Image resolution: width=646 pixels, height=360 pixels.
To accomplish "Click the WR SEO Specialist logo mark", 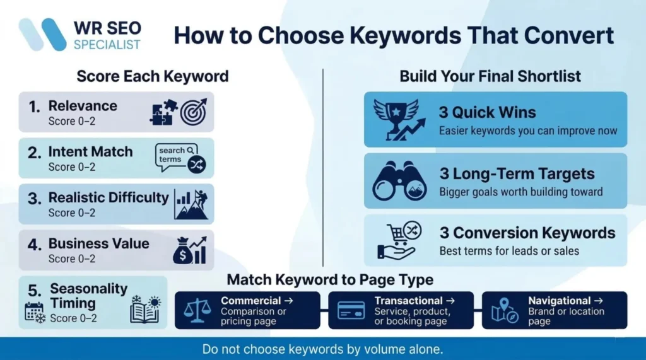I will (43, 34).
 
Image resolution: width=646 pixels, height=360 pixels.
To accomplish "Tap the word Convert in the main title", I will (565, 35).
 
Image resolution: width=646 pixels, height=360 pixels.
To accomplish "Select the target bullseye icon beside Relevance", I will (194, 112).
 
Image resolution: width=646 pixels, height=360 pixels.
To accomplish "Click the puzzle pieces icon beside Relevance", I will (163, 112).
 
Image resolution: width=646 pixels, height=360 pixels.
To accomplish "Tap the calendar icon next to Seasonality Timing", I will (34, 313).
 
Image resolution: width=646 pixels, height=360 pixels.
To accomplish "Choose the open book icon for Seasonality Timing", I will (145, 310).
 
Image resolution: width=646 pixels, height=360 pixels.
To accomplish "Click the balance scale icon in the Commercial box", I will (197, 310).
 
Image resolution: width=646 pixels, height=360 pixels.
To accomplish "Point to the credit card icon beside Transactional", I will (351, 310).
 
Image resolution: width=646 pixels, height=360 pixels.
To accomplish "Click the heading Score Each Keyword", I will (153, 77).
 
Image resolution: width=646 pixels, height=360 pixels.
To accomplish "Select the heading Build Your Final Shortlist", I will (490, 77).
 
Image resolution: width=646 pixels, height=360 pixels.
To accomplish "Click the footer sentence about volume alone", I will (322, 349).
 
